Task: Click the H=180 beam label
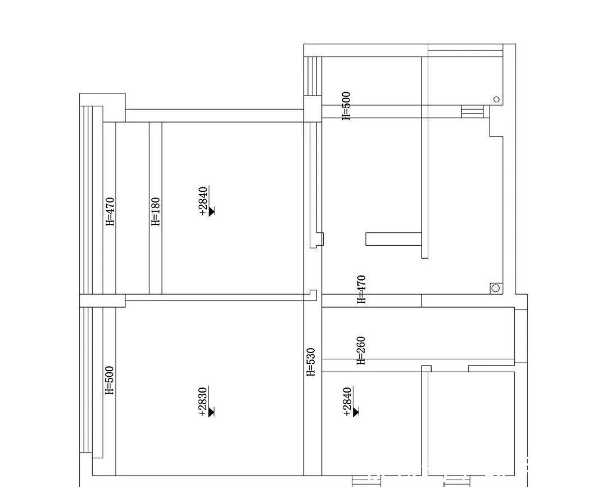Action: click(x=155, y=211)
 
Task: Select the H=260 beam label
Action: click(x=361, y=350)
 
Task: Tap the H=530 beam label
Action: click(x=311, y=362)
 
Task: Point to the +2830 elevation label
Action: click(x=203, y=402)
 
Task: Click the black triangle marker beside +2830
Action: click(x=212, y=412)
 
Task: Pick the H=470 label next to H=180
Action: click(x=111, y=211)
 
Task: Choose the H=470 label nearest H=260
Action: click(x=361, y=290)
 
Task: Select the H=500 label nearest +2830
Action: click(x=110, y=381)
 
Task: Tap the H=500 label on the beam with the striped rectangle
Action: click(x=346, y=106)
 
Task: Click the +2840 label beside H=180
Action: click(x=203, y=201)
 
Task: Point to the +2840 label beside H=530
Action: click(x=347, y=402)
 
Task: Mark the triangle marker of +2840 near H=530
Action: click(x=356, y=412)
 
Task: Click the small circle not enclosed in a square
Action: click(x=496, y=100)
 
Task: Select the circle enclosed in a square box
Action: click(x=496, y=288)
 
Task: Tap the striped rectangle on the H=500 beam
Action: click(x=472, y=111)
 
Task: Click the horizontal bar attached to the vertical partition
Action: click(x=393, y=239)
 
